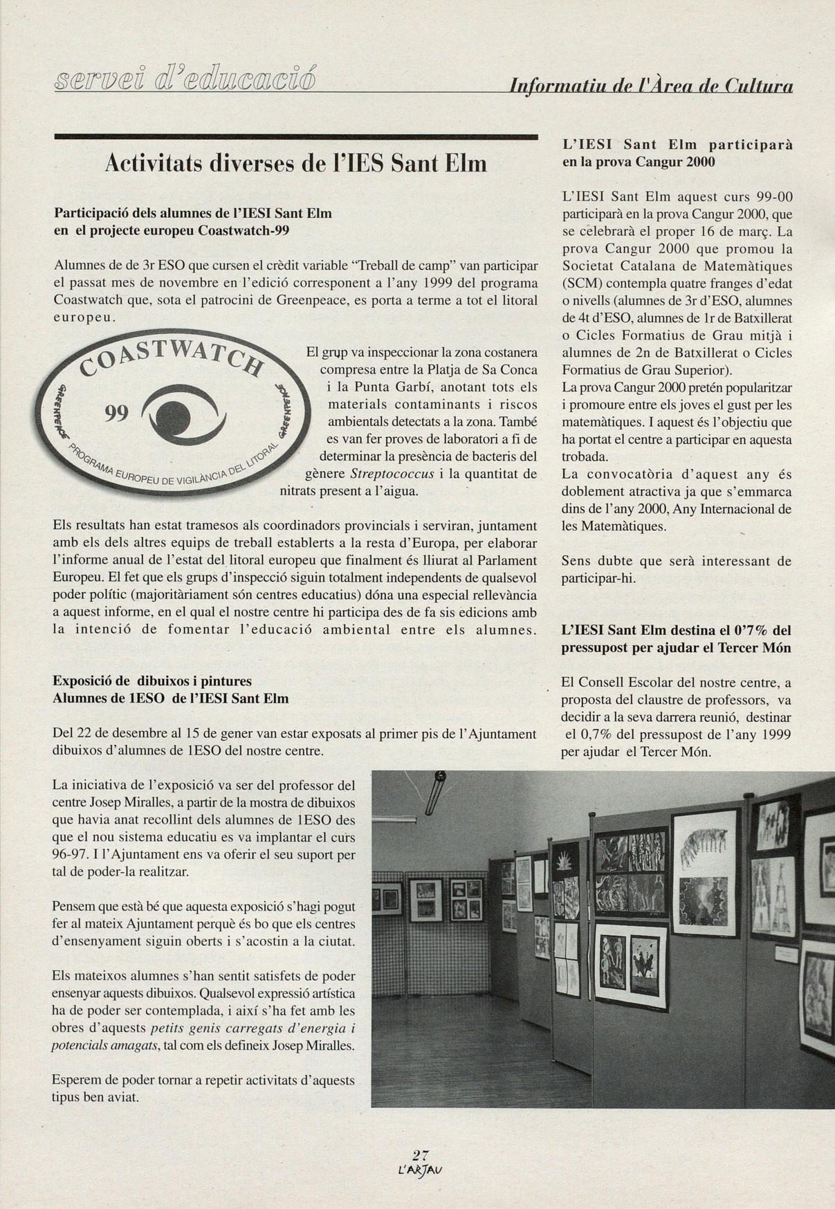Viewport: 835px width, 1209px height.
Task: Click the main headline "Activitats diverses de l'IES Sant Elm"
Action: tap(296, 163)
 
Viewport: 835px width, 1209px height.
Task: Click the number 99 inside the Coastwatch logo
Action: tap(117, 414)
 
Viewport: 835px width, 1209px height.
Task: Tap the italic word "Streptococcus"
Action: tap(392, 474)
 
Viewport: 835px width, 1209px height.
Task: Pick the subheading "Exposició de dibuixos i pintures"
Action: tap(152, 681)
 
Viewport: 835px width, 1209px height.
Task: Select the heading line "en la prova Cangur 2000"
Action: tap(638, 162)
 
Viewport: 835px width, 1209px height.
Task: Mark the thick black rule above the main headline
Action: tap(296, 137)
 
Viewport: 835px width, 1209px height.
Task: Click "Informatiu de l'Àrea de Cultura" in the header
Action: tap(650, 86)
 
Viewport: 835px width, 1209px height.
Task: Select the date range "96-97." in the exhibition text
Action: tap(68, 854)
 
